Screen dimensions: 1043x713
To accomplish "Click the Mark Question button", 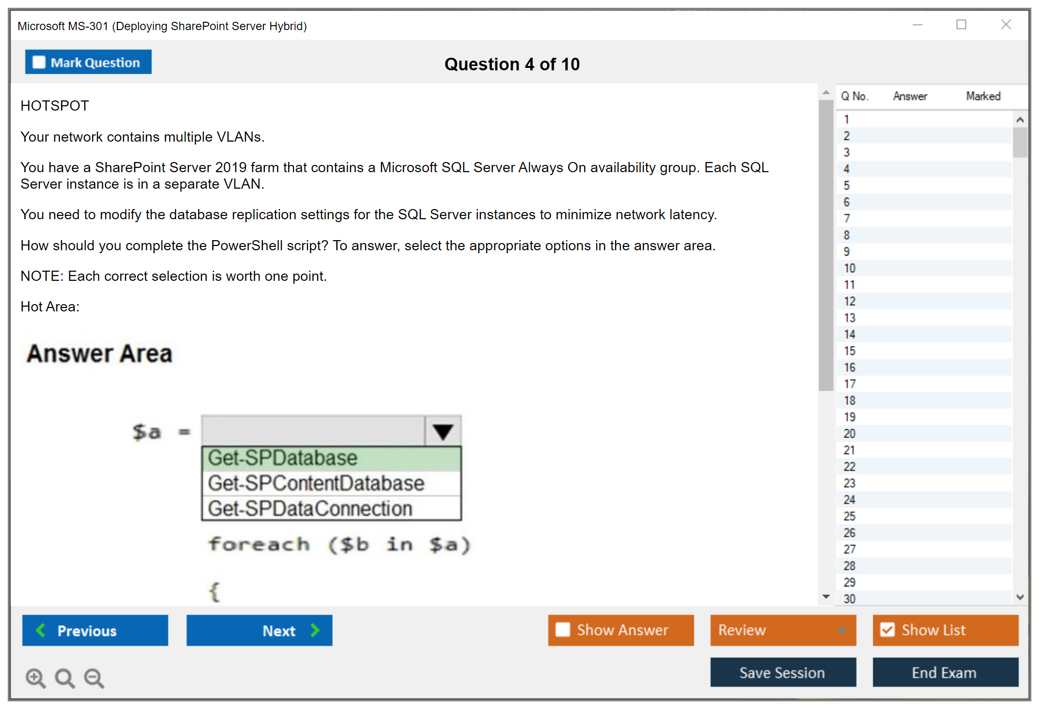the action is [x=88, y=62].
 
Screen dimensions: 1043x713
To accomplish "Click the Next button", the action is [x=260, y=631].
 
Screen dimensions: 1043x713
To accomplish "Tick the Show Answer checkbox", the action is [x=563, y=630].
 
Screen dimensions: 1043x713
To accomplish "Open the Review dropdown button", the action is [x=783, y=631].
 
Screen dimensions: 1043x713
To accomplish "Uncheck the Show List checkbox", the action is [x=887, y=630].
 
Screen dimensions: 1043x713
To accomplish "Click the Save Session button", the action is [x=783, y=672].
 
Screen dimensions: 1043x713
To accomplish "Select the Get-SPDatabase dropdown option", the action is [x=331, y=458].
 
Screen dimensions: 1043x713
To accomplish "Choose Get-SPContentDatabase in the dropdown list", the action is [x=331, y=484].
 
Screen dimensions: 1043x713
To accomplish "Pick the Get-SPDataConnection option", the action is [x=331, y=508].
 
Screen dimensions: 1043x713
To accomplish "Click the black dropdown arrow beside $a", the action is [x=443, y=431].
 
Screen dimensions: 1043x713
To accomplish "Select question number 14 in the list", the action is [x=849, y=334].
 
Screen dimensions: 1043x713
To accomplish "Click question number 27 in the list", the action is [x=849, y=549].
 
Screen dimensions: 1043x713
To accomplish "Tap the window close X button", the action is [x=1006, y=24].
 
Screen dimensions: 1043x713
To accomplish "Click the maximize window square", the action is [x=961, y=24].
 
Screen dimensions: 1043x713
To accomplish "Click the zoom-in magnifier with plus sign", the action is [x=35, y=678].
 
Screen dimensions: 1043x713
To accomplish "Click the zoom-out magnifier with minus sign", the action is [x=94, y=678].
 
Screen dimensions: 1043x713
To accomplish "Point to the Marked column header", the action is [x=983, y=96].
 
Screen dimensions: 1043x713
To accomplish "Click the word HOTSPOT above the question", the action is [x=55, y=106].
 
